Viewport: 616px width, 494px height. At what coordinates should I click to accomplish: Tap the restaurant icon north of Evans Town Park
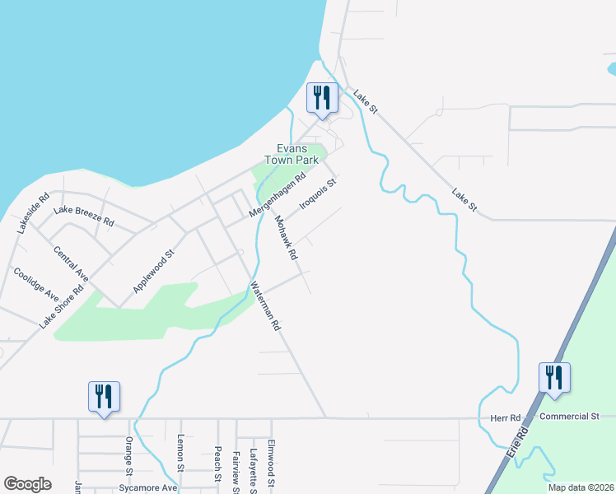pos(320,97)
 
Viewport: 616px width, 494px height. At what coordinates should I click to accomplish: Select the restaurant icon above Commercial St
pos(554,378)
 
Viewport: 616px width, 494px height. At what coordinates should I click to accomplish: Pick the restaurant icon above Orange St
pos(105,396)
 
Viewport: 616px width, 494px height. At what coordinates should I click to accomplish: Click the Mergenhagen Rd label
pos(278,195)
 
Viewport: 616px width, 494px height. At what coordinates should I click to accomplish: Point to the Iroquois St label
pos(318,194)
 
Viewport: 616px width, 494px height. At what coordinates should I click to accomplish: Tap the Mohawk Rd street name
pos(286,238)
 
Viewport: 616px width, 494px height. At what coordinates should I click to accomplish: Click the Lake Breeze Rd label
pos(83,217)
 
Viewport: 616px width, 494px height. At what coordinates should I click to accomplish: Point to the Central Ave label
pos(70,260)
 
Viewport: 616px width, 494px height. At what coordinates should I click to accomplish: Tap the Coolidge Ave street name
pos(35,283)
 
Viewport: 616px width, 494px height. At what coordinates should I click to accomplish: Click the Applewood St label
pos(155,273)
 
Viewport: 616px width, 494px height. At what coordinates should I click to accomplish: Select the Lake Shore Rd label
pos(62,306)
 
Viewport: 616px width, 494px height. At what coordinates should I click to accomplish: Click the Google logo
pos(28,484)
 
